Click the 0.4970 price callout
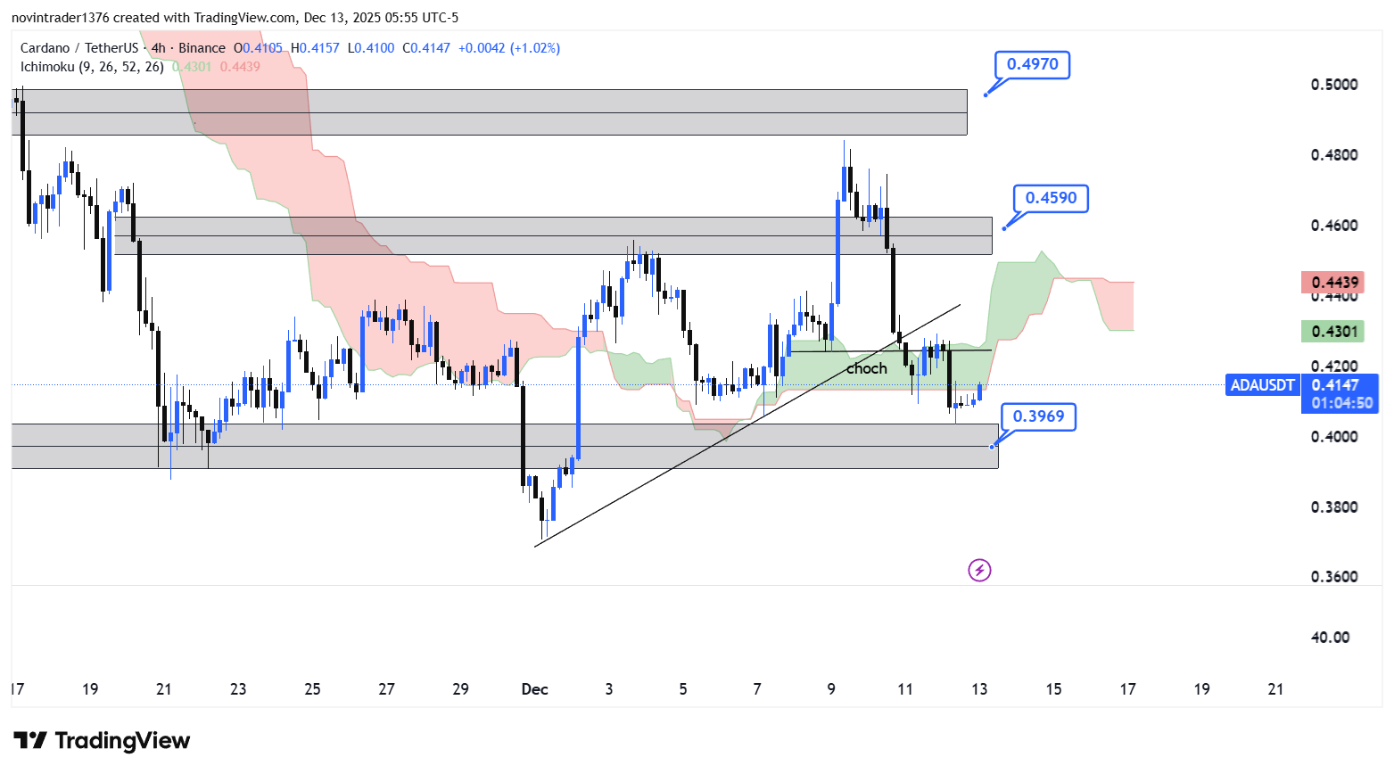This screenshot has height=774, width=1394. (x=1032, y=64)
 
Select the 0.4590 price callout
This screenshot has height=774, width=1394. (x=1051, y=198)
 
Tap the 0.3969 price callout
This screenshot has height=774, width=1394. (x=1038, y=416)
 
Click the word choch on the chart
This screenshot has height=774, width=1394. (x=867, y=368)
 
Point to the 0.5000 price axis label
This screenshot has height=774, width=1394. (x=1334, y=85)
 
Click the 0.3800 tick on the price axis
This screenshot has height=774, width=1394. (x=1334, y=507)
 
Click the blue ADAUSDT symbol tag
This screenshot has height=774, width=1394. (x=1262, y=385)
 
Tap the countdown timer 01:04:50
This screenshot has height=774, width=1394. (x=1341, y=403)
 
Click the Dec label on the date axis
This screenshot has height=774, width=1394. (x=535, y=689)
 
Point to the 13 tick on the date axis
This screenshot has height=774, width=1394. (x=979, y=689)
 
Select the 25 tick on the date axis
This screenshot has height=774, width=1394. (x=312, y=689)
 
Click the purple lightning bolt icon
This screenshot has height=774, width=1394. (x=979, y=570)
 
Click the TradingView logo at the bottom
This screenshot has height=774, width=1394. (x=103, y=741)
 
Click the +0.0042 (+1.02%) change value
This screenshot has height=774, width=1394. (x=509, y=48)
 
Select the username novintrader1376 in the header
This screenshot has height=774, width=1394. (x=61, y=18)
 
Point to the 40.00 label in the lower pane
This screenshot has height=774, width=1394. (x=1330, y=638)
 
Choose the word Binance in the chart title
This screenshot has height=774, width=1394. (x=202, y=48)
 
